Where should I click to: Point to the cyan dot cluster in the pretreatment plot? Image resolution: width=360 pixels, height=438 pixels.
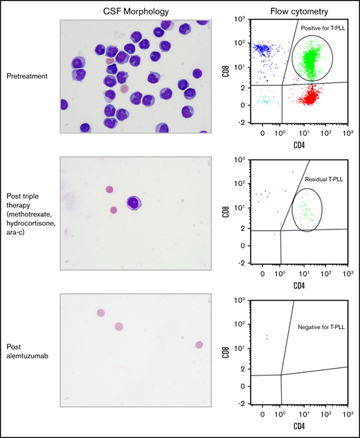264,101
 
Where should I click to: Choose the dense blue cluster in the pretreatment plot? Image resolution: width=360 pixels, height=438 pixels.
264,49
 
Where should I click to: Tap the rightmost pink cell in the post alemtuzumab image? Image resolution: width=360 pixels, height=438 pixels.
199,344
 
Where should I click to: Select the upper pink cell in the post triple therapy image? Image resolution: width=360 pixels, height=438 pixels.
109,189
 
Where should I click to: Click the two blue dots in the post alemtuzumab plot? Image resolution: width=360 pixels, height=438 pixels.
267,337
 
